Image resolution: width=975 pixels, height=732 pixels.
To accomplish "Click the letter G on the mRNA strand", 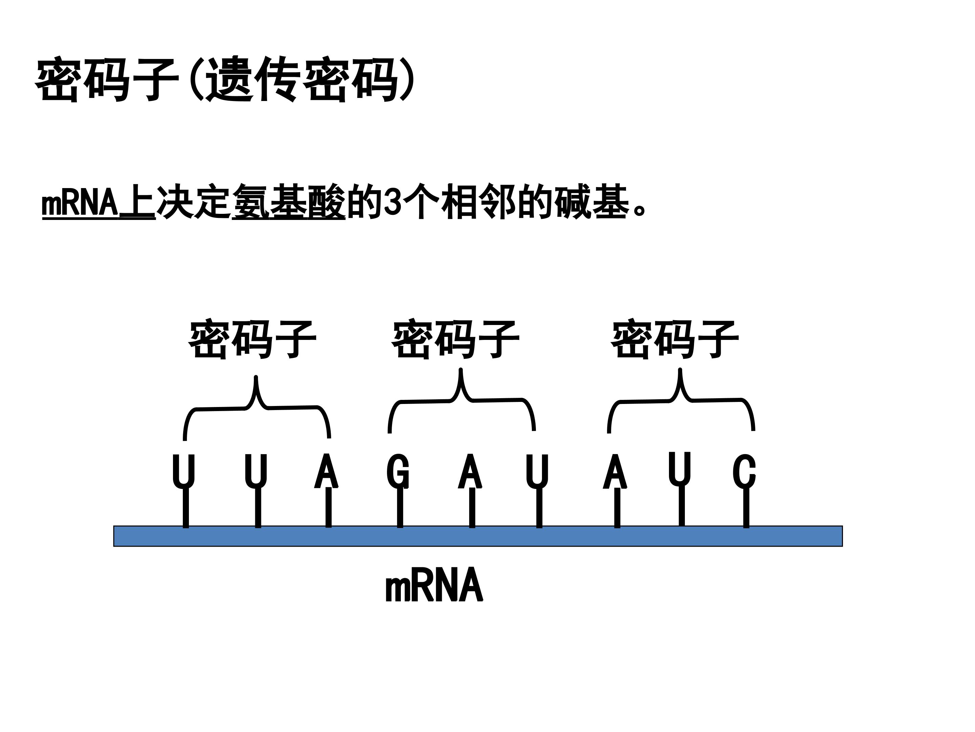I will pyautogui.click(x=398, y=471).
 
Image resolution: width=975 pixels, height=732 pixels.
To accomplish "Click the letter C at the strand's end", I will pyautogui.click(x=744, y=471).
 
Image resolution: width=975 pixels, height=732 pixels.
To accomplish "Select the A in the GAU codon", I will pyautogui.click(x=470, y=471).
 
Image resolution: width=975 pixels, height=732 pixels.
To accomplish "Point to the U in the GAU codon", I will pyautogui.click(x=537, y=471).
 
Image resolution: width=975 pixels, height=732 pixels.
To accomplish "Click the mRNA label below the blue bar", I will pyautogui.click(x=434, y=586).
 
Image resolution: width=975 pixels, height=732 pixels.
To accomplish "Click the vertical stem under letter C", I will pyautogui.click(x=746, y=507).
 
